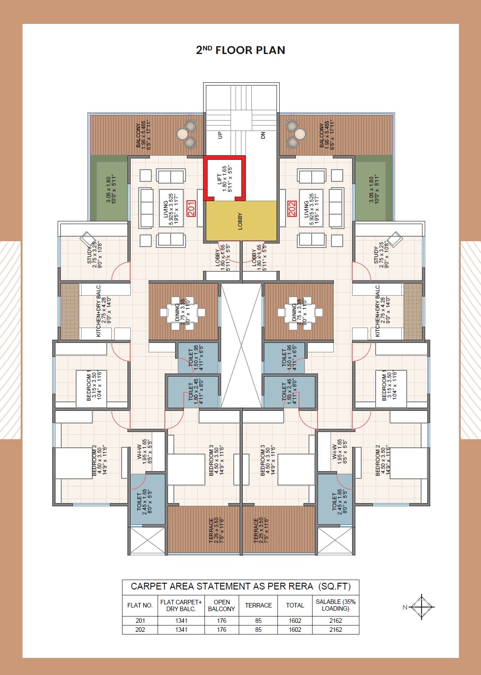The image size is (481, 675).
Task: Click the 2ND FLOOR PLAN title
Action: pos(240,50)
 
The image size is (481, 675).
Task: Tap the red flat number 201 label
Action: pos(191,209)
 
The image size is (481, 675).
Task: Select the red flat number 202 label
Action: pos(292,209)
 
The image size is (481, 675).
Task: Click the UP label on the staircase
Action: pos(220,135)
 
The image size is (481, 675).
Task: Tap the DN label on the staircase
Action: pos(263,135)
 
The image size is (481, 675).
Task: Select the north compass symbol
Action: pos(422,607)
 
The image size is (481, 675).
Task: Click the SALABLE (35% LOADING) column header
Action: pos(336,605)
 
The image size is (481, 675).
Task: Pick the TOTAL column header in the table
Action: pos(295,605)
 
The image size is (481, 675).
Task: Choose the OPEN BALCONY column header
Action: pos(222,605)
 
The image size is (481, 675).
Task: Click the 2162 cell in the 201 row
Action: pos(336,621)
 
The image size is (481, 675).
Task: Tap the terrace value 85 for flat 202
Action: pos(259,630)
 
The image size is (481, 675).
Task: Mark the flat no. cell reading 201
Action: pos(140,621)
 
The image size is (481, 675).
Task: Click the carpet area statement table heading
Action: pos(240,586)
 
